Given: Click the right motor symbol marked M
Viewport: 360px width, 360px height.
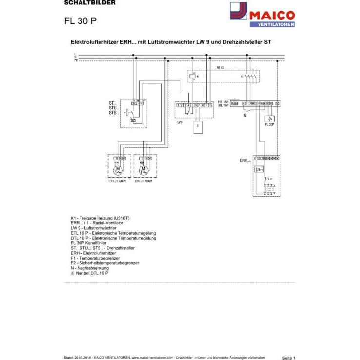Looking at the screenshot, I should coord(144,170).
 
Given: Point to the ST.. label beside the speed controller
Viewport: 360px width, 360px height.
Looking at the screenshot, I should coord(113,104).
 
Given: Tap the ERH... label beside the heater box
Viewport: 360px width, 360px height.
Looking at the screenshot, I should coord(245,160).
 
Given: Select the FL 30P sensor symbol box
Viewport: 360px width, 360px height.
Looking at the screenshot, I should coord(269,119).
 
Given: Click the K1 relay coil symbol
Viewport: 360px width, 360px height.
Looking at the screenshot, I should coord(193,76).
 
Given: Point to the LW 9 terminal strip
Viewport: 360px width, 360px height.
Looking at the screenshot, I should coord(194,105).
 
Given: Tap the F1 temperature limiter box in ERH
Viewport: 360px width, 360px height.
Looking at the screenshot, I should coord(259,169).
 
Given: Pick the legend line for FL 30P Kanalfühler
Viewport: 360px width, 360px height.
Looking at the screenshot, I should coord(97,243).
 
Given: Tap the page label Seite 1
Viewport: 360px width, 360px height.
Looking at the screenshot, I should coord(288,358).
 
